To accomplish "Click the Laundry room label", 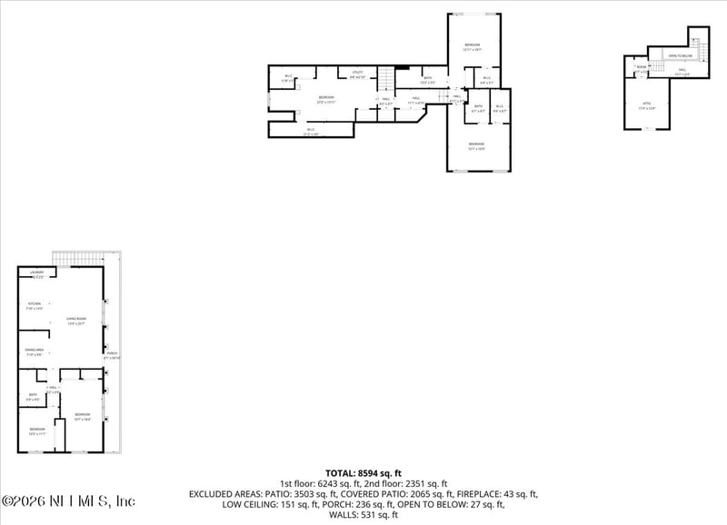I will (x=36, y=272).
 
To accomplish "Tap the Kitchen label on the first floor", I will (x=35, y=304).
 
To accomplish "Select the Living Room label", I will (x=76, y=319).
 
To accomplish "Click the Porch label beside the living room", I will (x=112, y=354).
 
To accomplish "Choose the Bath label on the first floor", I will (x=32, y=395).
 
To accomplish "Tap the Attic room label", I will (x=647, y=104).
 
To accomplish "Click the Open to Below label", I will (x=680, y=55).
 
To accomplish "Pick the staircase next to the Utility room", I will (x=388, y=80).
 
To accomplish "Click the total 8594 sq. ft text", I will (x=363, y=472).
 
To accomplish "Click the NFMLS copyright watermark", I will (x=68, y=500).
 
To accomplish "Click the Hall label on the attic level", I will (x=679, y=75).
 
